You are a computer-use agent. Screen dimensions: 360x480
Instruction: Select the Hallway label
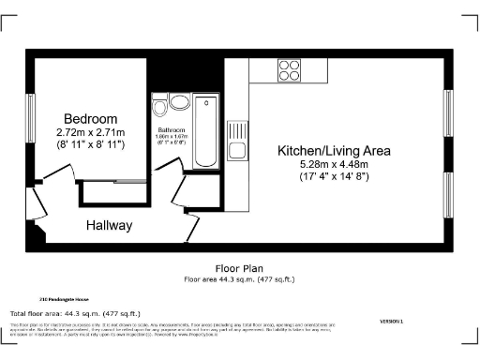110,226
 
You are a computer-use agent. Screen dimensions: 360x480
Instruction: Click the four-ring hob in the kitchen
289,70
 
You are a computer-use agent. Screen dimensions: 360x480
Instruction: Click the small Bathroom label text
171,129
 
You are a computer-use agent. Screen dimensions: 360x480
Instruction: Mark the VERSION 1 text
392,321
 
